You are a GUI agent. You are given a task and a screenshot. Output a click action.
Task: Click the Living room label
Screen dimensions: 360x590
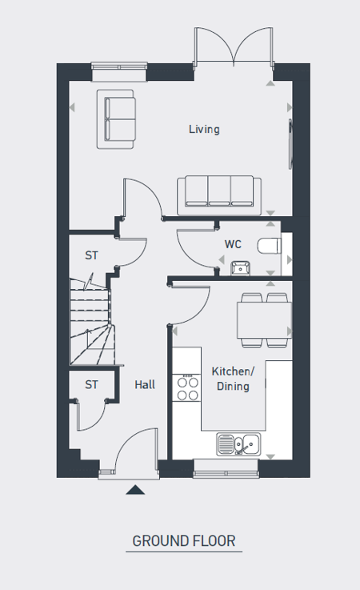(x=204, y=130)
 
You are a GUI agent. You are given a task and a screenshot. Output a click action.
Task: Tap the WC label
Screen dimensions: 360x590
(x=233, y=244)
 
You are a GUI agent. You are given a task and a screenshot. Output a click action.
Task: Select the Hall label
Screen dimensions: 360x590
(x=145, y=384)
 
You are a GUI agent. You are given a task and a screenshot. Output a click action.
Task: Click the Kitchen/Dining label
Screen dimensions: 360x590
(x=233, y=379)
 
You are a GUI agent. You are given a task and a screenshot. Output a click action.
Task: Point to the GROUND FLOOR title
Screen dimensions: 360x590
(x=184, y=540)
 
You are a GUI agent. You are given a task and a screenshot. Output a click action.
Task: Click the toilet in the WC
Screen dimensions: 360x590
(x=270, y=247)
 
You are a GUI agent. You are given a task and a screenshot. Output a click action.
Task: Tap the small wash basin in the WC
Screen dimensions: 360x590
(x=241, y=267)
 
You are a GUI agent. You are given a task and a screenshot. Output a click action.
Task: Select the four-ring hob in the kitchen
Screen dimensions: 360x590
(x=187, y=388)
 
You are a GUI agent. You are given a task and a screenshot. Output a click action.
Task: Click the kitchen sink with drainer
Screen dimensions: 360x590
(x=238, y=444)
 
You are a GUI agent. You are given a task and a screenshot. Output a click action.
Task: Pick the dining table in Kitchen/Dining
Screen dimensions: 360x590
(x=265, y=320)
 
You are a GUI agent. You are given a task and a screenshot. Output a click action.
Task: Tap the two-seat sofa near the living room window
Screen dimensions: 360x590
(x=116, y=119)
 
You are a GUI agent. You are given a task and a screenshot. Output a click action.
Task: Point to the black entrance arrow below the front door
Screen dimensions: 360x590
(x=135, y=490)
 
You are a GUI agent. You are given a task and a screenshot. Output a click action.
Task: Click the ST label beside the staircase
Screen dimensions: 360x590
(x=91, y=255)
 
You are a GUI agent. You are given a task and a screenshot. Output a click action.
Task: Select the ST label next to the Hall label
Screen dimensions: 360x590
(x=91, y=384)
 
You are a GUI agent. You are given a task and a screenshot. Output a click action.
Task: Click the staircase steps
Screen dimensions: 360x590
(x=91, y=322)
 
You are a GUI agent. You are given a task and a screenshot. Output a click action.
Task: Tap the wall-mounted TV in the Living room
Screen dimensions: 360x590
(x=290, y=144)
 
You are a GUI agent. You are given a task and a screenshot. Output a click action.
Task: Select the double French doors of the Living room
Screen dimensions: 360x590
(x=234, y=48)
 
